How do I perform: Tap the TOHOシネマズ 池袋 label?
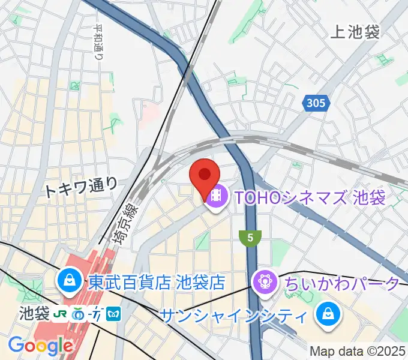[305, 197]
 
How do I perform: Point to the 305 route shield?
[315, 103]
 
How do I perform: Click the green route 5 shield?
[250, 238]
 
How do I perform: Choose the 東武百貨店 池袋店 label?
[156, 281]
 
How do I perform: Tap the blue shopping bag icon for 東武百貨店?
[70, 280]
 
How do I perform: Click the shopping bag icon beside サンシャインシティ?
[329, 313]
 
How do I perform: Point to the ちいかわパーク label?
[343, 282]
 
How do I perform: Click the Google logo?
[40, 346]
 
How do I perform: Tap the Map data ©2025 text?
[357, 351]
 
